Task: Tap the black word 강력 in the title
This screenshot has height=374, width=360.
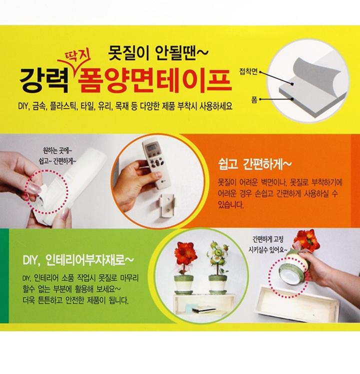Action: [x=44, y=81]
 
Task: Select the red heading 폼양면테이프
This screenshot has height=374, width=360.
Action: [x=154, y=80]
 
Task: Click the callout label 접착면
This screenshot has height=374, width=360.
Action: [x=248, y=71]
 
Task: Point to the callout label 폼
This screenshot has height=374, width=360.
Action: [x=254, y=99]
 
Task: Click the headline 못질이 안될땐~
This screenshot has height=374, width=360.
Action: [x=158, y=52]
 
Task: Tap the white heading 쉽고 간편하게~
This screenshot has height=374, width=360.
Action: [x=254, y=164]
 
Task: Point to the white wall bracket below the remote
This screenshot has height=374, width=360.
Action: [x=167, y=205]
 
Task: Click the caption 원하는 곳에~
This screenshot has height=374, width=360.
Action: [x=57, y=150]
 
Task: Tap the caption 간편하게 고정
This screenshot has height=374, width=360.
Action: [x=267, y=239]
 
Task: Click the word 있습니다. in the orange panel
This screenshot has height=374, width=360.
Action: [x=231, y=205]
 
